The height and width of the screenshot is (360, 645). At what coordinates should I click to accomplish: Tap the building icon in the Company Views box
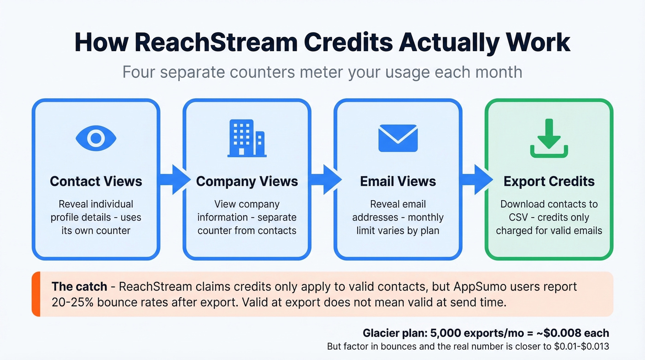tap(247, 138)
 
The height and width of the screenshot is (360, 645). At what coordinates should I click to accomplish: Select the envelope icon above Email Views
tap(398, 138)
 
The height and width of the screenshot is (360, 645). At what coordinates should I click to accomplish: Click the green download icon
tap(549, 138)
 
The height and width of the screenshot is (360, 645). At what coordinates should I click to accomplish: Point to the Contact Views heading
tap(96, 181)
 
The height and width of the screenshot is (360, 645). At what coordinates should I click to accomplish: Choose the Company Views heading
tap(247, 181)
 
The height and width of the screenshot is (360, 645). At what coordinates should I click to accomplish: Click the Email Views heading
tap(398, 181)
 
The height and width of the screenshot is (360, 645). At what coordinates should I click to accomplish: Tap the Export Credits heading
tap(549, 181)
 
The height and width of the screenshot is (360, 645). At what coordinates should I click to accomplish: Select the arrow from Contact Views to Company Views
tap(173, 180)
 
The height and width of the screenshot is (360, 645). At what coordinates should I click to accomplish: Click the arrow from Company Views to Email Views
tap(324, 180)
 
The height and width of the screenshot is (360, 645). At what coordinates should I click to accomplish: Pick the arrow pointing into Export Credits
tap(475, 180)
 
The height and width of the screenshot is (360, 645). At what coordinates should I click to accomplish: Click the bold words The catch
tap(80, 287)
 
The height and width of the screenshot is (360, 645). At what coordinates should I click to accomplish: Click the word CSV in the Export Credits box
tap(509, 217)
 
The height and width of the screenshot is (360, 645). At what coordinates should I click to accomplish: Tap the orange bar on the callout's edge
tap(36, 294)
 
